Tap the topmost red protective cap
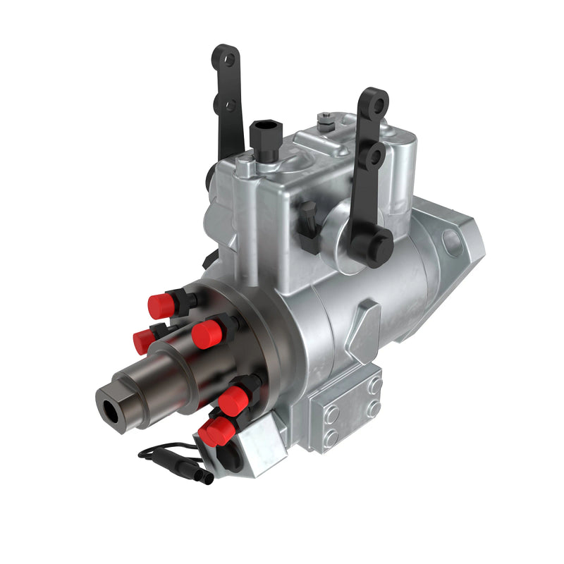coord(161,304)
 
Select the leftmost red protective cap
coord(144,342)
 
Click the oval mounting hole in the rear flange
coord(453,241)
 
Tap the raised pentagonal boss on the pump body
coord(367,321)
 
